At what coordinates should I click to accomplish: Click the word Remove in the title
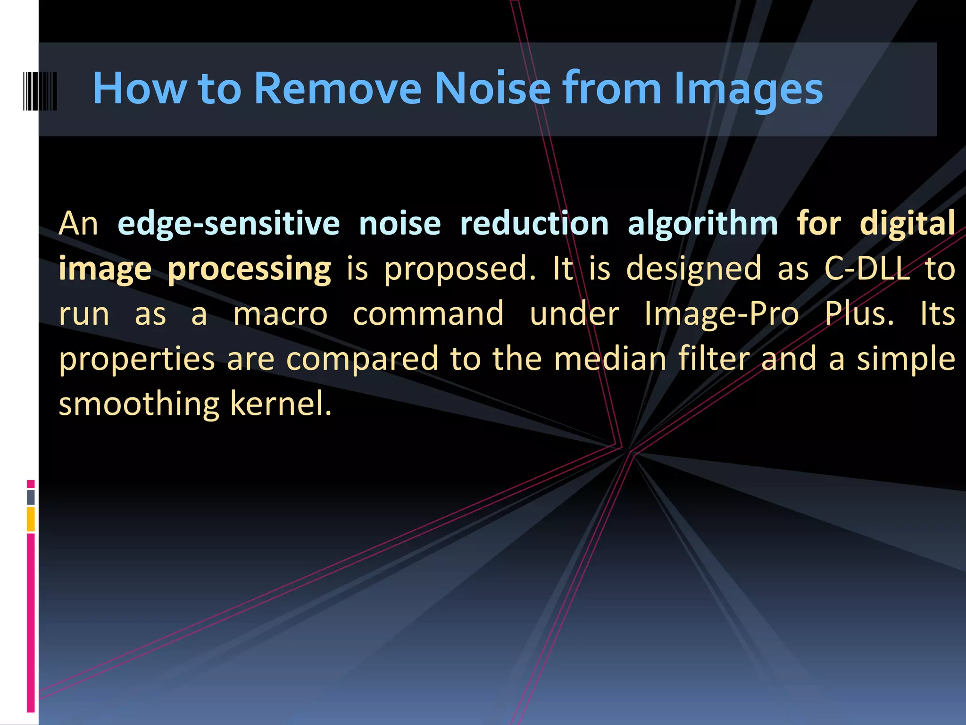(x=338, y=88)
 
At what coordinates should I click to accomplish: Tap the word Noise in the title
(x=492, y=88)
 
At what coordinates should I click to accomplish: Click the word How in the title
(x=140, y=88)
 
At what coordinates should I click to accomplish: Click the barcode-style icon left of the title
(x=40, y=91)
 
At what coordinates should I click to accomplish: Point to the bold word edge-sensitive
(x=229, y=223)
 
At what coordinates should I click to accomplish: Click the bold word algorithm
(x=702, y=223)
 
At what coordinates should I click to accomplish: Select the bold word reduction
(x=534, y=223)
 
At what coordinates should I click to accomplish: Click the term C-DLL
(x=867, y=268)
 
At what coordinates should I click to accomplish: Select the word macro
(x=281, y=314)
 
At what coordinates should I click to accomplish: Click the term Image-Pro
(x=721, y=314)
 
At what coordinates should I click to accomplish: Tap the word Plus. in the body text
(x=859, y=314)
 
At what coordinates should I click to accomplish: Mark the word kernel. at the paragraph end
(x=281, y=404)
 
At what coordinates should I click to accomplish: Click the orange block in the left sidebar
(x=31, y=519)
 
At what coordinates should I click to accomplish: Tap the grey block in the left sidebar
(x=31, y=497)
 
